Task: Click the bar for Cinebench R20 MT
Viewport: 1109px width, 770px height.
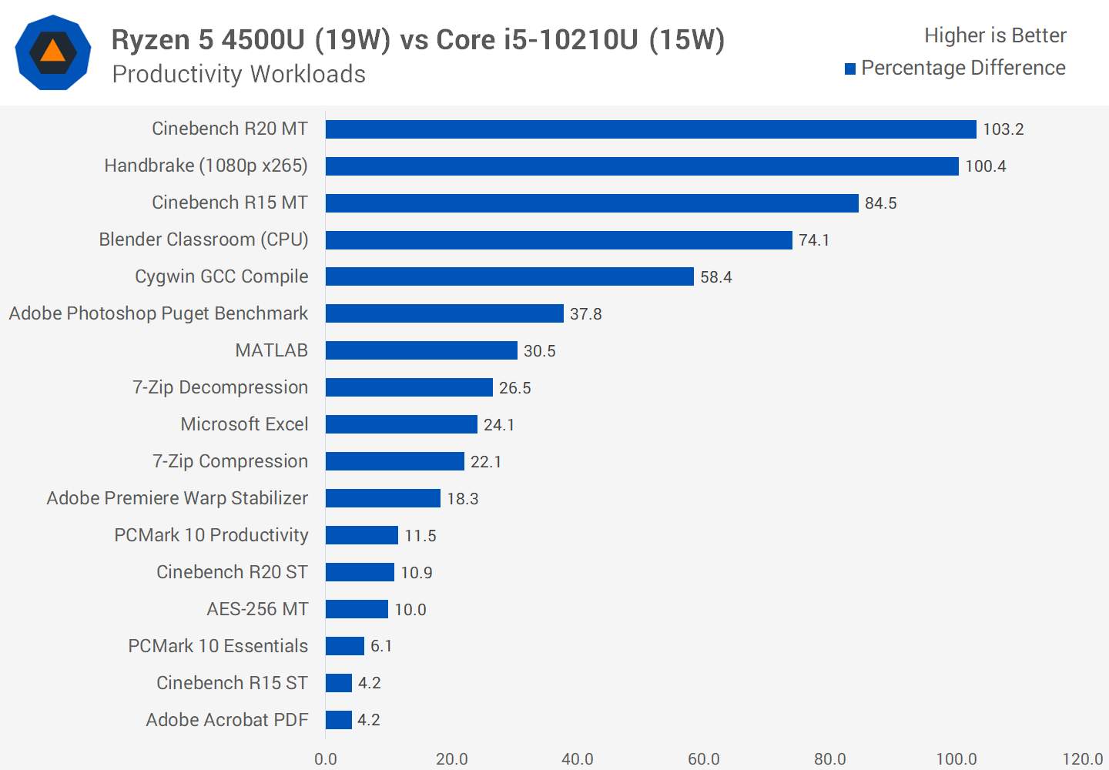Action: [651, 129]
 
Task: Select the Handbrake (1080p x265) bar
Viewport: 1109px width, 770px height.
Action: [642, 166]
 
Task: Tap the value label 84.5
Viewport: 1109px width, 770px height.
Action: [880, 203]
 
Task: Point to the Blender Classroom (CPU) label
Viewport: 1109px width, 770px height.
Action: [203, 239]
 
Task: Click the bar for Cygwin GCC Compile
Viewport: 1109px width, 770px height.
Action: [509, 276]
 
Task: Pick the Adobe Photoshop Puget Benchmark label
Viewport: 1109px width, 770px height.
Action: [158, 313]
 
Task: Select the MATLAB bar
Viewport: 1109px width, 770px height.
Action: [421, 350]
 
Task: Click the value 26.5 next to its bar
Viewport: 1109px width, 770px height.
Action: [514, 388]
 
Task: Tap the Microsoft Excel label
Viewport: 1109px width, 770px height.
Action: [244, 424]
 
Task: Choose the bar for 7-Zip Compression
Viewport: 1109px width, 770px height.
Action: [394, 461]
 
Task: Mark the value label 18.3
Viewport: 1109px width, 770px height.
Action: [462, 499]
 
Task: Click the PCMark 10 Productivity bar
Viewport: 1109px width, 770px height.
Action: [361, 535]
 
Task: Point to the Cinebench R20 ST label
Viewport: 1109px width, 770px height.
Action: [232, 572]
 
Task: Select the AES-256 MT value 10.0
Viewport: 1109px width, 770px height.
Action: [410, 610]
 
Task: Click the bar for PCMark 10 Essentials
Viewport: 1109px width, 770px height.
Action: [344, 646]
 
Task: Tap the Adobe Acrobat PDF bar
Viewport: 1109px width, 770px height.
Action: [338, 720]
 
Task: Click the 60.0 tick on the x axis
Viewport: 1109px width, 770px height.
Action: [703, 759]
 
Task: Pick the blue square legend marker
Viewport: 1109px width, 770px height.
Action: [850, 69]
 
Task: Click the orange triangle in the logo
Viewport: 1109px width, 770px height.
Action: [52, 52]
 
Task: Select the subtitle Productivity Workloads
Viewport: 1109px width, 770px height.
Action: [239, 75]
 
